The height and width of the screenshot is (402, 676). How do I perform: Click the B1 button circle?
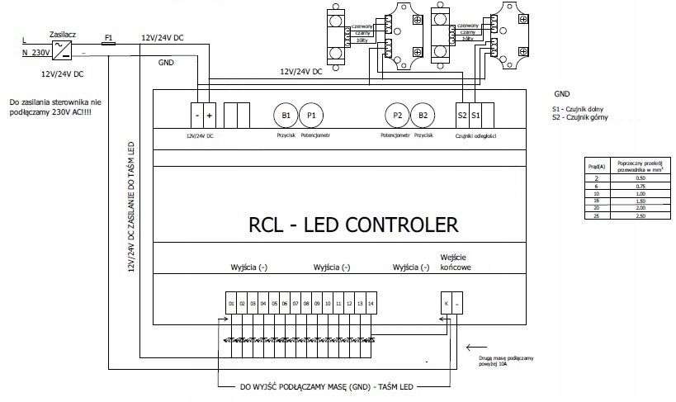(x=286, y=114)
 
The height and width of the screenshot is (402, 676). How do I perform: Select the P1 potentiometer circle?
(x=310, y=114)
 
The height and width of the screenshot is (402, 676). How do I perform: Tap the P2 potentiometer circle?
(x=398, y=114)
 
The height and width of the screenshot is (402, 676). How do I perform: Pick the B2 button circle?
(x=423, y=114)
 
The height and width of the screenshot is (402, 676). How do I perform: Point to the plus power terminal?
(x=210, y=113)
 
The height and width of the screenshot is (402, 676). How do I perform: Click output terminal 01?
(x=230, y=304)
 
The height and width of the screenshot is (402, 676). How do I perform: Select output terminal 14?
(x=371, y=304)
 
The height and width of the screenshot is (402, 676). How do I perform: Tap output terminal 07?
(x=295, y=304)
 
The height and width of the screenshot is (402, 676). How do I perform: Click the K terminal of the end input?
(x=446, y=304)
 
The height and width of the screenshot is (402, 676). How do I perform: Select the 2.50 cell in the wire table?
(x=631, y=215)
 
